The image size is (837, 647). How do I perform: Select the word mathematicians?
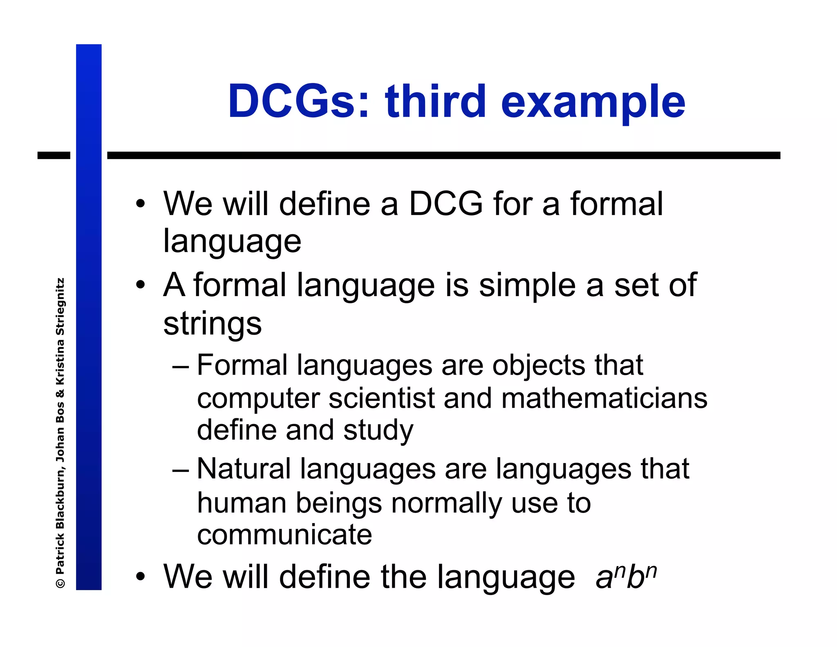point(604,398)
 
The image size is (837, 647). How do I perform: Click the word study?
point(378,431)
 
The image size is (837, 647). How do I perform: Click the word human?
point(242,503)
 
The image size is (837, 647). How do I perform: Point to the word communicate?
point(284,535)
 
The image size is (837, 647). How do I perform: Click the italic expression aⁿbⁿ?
point(626,577)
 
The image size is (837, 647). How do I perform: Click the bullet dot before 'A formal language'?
point(141,285)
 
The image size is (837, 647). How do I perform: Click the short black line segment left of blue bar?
point(54,155)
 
